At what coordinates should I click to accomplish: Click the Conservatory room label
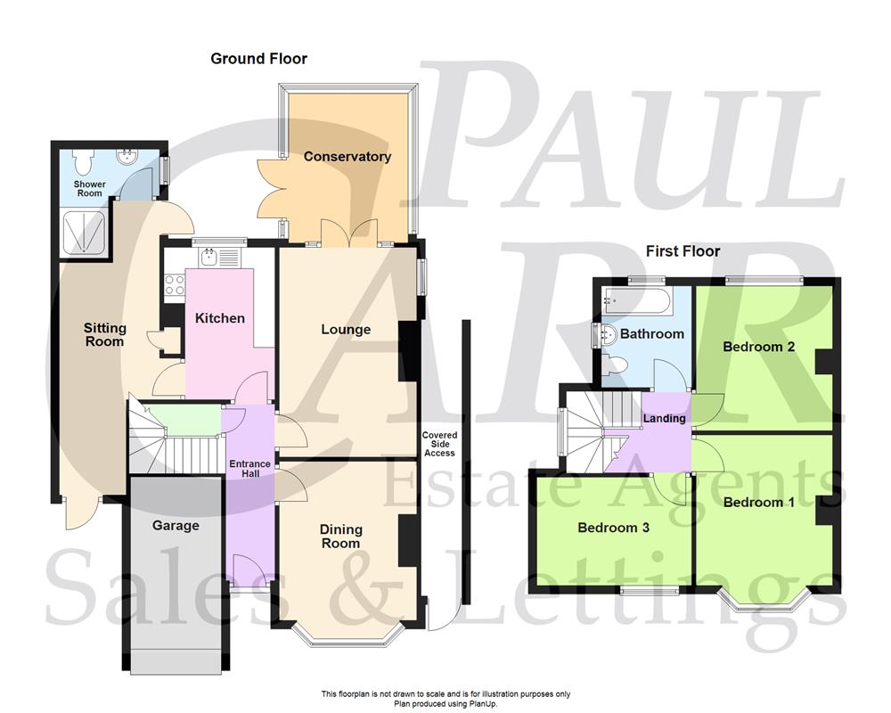[x=347, y=157]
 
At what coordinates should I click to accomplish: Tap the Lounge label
[x=346, y=330]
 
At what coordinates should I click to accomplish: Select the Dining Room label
[x=340, y=537]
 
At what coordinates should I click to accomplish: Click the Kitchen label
[x=220, y=318]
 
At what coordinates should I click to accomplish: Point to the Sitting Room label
[x=105, y=334]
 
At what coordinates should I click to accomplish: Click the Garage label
[x=176, y=526]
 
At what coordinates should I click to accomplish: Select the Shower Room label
[x=89, y=189]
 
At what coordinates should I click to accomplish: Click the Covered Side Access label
[x=439, y=444]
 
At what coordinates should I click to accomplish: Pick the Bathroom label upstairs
[x=652, y=334]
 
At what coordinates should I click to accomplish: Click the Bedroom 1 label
[x=758, y=503]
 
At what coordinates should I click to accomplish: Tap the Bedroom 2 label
[x=758, y=347]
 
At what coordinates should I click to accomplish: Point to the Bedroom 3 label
[x=613, y=528]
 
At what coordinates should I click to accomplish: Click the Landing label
[x=665, y=419]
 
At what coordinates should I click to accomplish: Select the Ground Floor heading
[x=258, y=59]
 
